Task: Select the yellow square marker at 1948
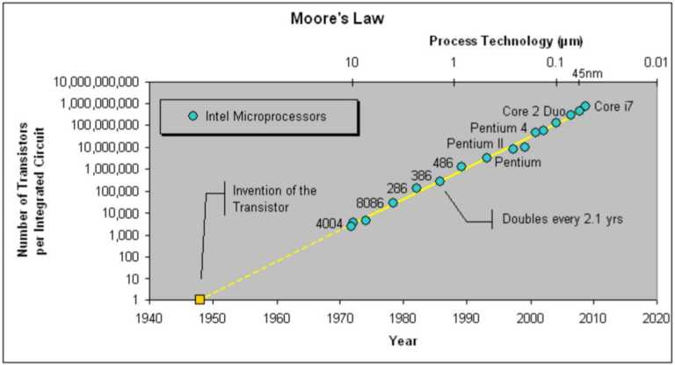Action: tap(200, 299)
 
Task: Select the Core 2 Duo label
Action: tap(533, 112)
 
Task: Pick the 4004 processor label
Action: tap(330, 223)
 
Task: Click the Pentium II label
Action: tap(475, 143)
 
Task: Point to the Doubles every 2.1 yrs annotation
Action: tap(562, 219)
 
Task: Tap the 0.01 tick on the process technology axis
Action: tap(656, 62)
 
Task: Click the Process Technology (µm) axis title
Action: tap(505, 41)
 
